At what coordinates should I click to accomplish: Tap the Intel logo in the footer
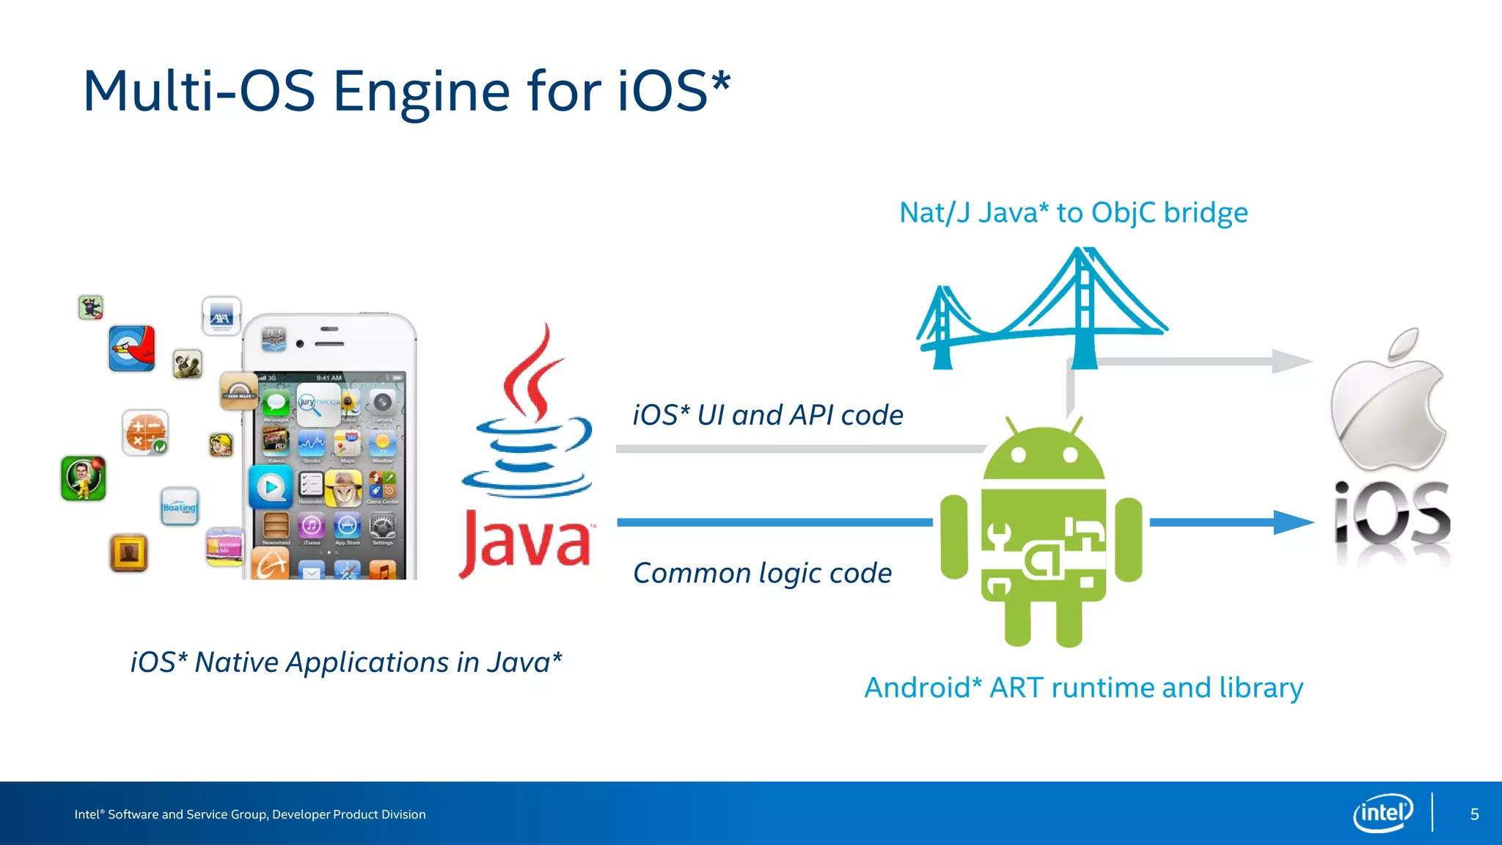tap(1382, 813)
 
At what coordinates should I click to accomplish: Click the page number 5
tap(1474, 814)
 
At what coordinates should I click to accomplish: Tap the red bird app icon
tap(132, 348)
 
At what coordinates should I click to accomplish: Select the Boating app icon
tap(180, 506)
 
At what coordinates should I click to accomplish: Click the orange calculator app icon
tap(145, 432)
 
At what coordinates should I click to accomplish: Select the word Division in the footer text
tap(402, 814)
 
